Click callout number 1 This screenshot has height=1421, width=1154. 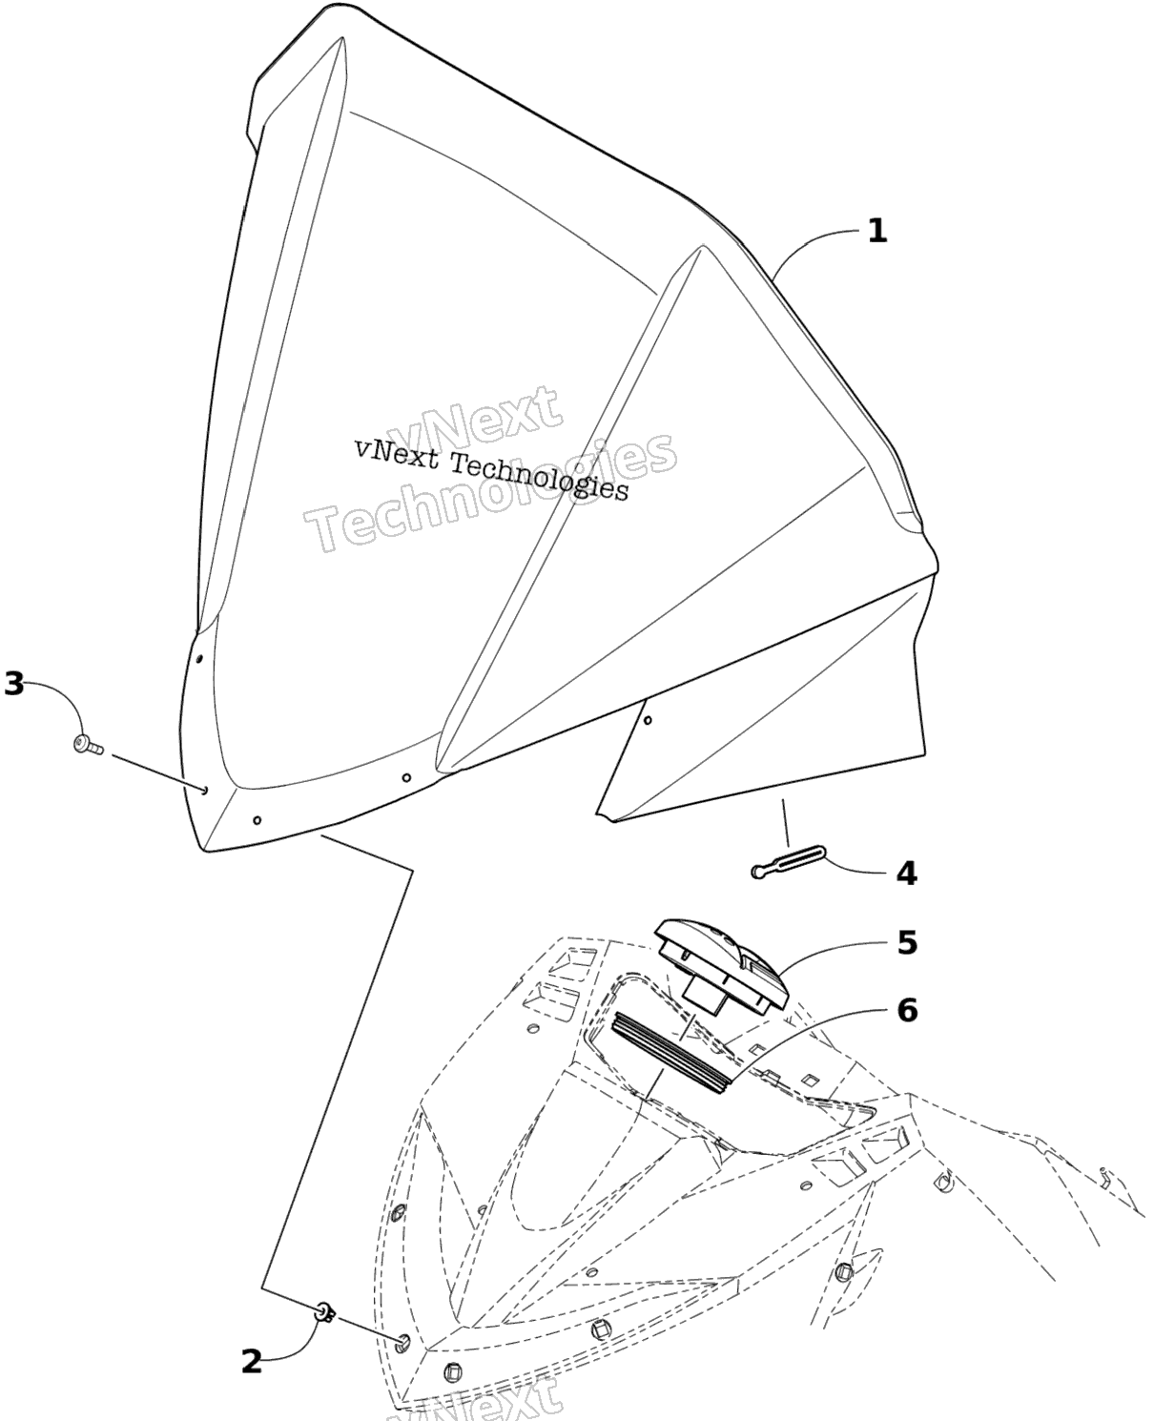pyautogui.click(x=877, y=231)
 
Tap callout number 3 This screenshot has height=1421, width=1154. pyautogui.click(x=13, y=684)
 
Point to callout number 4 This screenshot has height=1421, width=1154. pyautogui.click(x=906, y=873)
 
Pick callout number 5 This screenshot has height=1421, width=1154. pyautogui.click(x=908, y=942)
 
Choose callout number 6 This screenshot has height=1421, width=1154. pyautogui.click(x=907, y=1010)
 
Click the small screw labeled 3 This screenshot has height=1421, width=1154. pyautogui.click(x=88, y=744)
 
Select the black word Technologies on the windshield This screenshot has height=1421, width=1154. pyautogui.click(x=539, y=478)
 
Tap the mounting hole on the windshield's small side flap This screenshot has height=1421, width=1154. pyautogui.click(x=647, y=720)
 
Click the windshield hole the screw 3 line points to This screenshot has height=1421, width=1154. pyautogui.click(x=204, y=791)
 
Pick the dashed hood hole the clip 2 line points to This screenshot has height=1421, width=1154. pyautogui.click(x=403, y=1340)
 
